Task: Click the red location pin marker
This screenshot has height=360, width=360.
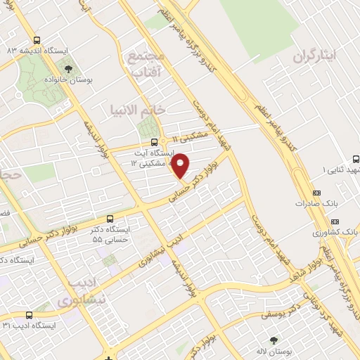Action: pyautogui.click(x=181, y=166)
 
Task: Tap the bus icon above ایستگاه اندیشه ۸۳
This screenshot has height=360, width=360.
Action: pyautogui.click(x=37, y=39)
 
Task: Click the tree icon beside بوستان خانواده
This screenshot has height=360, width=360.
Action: pyautogui.click(x=68, y=68)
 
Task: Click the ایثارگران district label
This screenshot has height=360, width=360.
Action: pyautogui.click(x=316, y=54)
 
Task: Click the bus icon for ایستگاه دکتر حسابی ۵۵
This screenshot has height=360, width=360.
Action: pyautogui.click(x=110, y=219)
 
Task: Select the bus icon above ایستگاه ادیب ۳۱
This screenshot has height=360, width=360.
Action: pyautogui.click(x=28, y=315)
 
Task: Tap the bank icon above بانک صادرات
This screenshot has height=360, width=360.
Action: pyautogui.click(x=315, y=193)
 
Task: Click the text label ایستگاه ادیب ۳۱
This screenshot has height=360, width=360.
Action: pyautogui.click(x=27, y=326)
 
